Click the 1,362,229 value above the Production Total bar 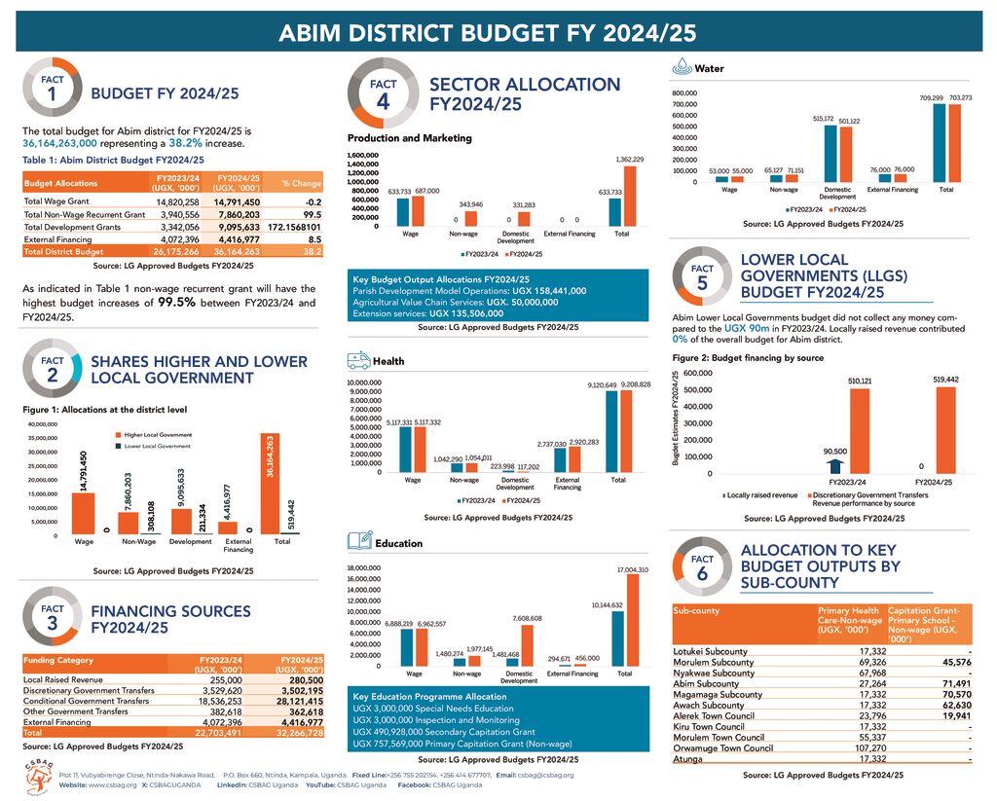(629, 159)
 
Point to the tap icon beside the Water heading (682, 68)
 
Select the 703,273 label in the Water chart (960, 97)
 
